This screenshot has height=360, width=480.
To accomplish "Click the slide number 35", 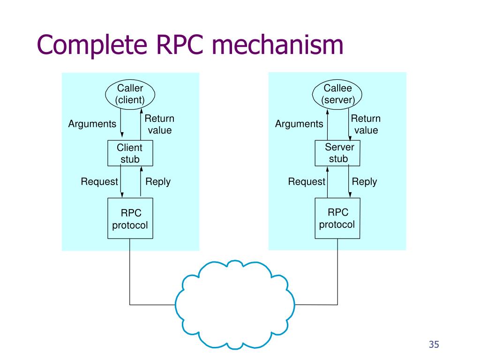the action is coord(434,345).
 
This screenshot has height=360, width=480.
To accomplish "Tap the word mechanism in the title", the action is coord(277,45).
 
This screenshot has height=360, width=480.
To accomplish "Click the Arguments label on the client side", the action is coord(92,124).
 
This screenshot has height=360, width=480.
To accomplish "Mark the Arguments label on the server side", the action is coord(299,124).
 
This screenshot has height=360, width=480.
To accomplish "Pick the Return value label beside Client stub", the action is coord(159,124).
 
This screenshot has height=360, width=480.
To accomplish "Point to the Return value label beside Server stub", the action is coord(366,124).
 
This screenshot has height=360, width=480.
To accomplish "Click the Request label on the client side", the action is coord(99,181).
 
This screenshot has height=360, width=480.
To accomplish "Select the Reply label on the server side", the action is coord(364,182).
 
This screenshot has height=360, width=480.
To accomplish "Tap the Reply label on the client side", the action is coord(158,182).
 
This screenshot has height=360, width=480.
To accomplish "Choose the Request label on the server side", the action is coord(307,181).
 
